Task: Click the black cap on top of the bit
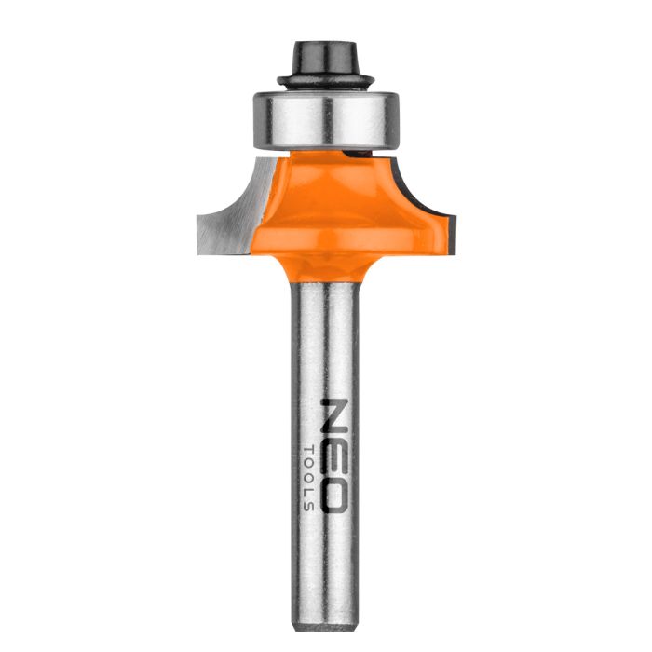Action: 325,54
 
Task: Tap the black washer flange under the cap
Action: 325,79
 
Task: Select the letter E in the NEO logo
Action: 334,457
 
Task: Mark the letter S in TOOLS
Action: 309,506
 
